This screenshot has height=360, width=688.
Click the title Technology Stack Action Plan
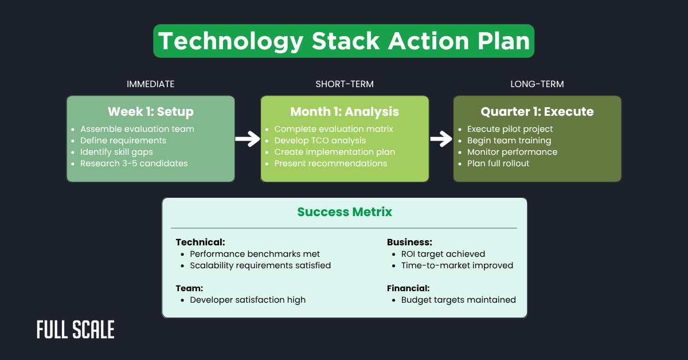pyautogui.click(x=343, y=41)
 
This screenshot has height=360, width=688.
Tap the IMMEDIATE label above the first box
pyautogui.click(x=150, y=84)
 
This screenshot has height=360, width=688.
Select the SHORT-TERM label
pyautogui.click(x=345, y=84)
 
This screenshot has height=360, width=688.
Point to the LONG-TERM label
pyautogui.click(x=537, y=84)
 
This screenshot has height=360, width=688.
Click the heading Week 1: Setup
pyautogui.click(x=151, y=111)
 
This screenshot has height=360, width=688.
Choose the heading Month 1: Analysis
pyautogui.click(x=345, y=111)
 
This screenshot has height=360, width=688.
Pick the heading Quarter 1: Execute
pyautogui.click(x=537, y=111)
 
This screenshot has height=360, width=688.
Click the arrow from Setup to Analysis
pyautogui.click(x=248, y=139)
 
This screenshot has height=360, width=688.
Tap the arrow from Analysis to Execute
pyautogui.click(x=441, y=139)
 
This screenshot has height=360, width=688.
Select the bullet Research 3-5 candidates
pyautogui.click(x=134, y=163)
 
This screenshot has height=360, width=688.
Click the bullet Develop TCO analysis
pyautogui.click(x=320, y=140)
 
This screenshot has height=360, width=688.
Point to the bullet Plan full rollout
pyautogui.click(x=498, y=163)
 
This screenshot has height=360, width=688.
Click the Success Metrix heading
pyautogui.click(x=345, y=212)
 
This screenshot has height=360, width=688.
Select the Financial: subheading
pyautogui.click(x=408, y=288)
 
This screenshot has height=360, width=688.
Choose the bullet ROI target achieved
pyautogui.click(x=443, y=254)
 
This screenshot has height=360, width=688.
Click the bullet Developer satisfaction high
pyautogui.click(x=248, y=300)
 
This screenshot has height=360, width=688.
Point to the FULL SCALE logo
pyautogui.click(x=76, y=330)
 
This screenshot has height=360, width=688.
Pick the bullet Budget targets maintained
pyautogui.click(x=458, y=300)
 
